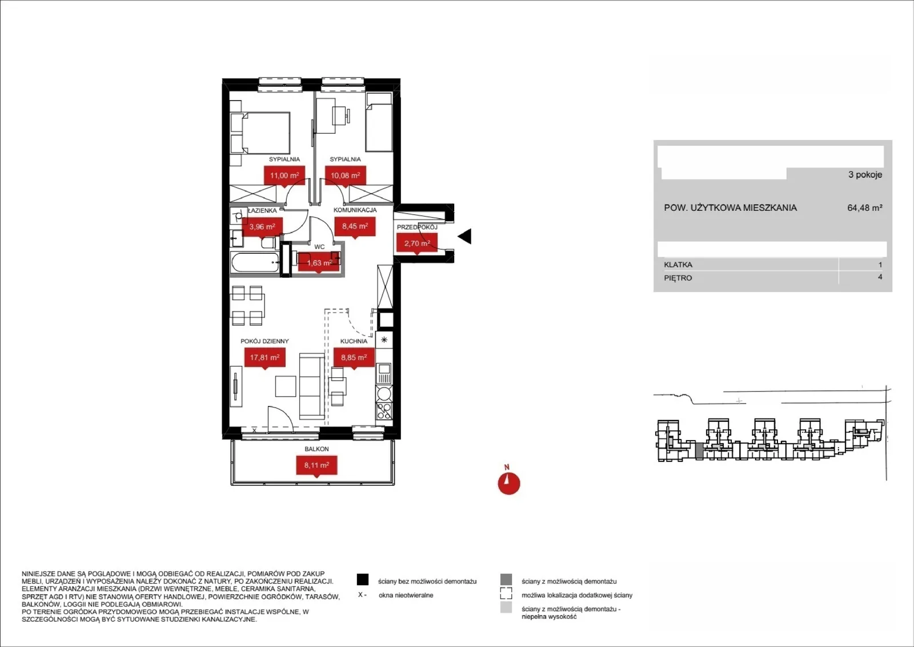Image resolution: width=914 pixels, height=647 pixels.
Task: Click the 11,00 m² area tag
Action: [x=284, y=176]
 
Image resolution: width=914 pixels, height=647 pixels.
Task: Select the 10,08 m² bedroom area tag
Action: [x=345, y=176]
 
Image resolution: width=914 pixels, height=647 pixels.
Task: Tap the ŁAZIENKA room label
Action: [x=262, y=211]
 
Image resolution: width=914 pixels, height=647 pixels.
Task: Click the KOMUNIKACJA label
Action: [x=355, y=210]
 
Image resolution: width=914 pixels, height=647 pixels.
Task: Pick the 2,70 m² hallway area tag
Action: [x=417, y=243]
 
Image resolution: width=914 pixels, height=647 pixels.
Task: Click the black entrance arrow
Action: [x=465, y=237]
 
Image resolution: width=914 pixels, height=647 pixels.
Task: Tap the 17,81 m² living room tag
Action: [x=265, y=358]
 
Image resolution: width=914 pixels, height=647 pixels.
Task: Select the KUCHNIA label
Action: [x=354, y=341]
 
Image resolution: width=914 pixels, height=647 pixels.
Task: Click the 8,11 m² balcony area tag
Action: [x=316, y=465]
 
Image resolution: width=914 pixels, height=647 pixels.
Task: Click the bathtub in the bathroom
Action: [x=255, y=263]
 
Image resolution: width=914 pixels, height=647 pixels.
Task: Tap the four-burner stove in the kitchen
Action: [x=383, y=410]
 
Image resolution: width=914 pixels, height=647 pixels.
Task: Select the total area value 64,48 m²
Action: [x=865, y=208]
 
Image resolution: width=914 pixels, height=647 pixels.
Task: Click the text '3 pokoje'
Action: [x=865, y=175]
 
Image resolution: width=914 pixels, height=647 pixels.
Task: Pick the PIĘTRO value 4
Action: [x=880, y=277]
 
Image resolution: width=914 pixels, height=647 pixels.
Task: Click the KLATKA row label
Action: [x=678, y=265]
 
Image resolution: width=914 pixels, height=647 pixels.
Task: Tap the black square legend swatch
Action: [x=363, y=580]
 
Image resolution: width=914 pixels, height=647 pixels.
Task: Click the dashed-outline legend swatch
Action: [x=506, y=593]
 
